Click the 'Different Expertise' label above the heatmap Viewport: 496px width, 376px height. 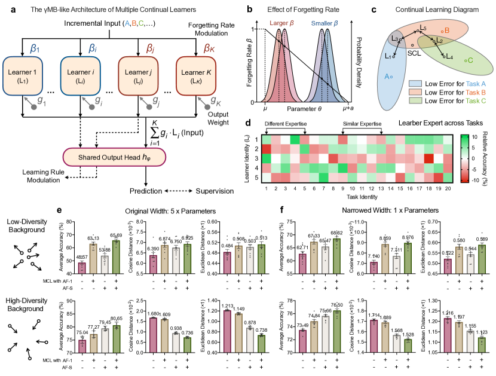click(x=286, y=124)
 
